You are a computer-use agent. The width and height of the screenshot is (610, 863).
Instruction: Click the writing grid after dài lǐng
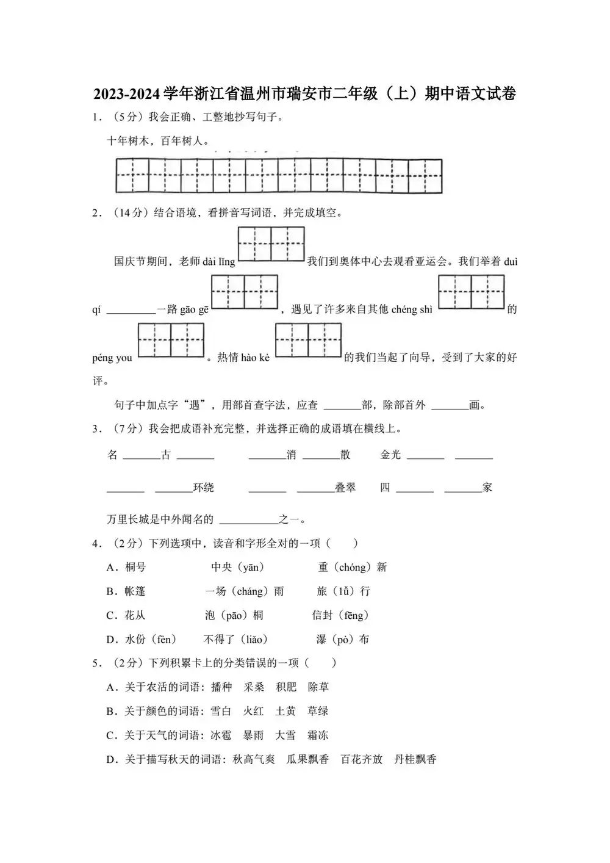pos(271,245)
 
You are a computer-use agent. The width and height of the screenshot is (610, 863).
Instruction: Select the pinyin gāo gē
pos(195,309)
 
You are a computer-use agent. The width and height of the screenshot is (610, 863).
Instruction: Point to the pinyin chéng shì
pos(412,309)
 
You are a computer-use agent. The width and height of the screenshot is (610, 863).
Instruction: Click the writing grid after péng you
pos(171,341)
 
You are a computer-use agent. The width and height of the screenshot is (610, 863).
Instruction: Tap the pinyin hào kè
pos(256,358)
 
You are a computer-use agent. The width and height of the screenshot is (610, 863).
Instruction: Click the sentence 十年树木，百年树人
pos(158,141)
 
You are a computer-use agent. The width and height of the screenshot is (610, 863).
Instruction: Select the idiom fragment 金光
pos(390,455)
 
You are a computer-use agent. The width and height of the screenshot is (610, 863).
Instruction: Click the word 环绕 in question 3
pos(204,488)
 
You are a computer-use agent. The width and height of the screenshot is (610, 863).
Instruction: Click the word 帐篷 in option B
pos(135,591)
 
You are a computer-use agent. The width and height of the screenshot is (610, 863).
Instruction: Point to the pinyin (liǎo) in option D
pos(253,640)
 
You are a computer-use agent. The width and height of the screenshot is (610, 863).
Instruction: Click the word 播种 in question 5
pos(221,687)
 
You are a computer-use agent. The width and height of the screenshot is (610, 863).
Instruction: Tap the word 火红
pos(253,711)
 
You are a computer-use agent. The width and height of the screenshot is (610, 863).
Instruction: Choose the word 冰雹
pos(221,735)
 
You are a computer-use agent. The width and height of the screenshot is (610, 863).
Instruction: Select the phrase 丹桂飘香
pos(415,760)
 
